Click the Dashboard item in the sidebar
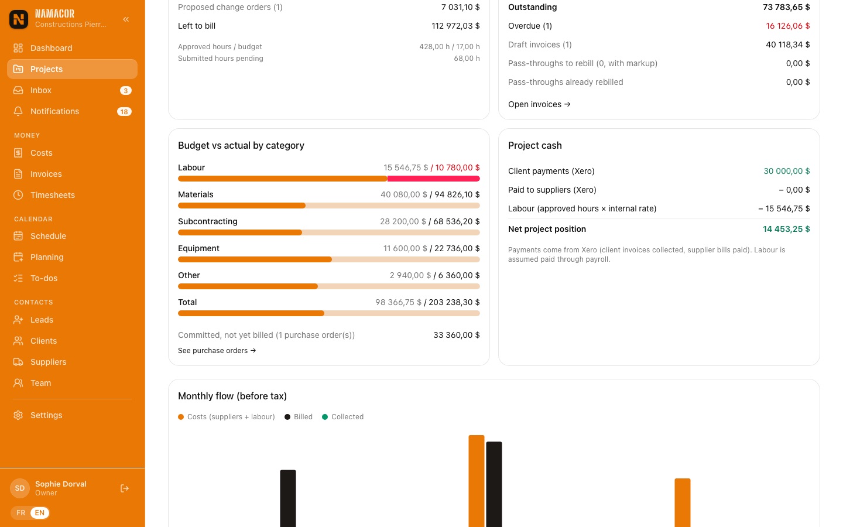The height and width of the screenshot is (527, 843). (51, 48)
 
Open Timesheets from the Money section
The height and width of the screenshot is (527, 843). (52, 195)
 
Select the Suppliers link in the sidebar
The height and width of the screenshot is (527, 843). (48, 362)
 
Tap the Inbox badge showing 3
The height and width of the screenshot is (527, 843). (126, 90)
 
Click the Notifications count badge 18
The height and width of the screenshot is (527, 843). (124, 111)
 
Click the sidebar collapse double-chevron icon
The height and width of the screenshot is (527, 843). (126, 19)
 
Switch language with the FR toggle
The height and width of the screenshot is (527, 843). (20, 513)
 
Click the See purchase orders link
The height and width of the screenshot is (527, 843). (217, 350)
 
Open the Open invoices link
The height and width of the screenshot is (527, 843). (539, 104)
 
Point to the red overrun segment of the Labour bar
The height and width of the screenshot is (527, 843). (434, 179)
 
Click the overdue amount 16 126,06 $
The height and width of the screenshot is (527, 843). (788, 26)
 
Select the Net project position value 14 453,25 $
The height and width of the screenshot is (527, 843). (786, 229)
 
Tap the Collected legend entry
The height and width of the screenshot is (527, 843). (343, 417)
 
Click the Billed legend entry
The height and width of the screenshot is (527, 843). (299, 417)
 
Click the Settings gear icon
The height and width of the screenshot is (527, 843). (18, 415)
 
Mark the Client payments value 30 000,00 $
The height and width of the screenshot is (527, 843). (787, 171)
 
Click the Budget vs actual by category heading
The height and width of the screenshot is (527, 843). (241, 145)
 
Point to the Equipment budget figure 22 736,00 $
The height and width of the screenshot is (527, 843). (457, 248)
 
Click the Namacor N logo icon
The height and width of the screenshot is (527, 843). (19, 19)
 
